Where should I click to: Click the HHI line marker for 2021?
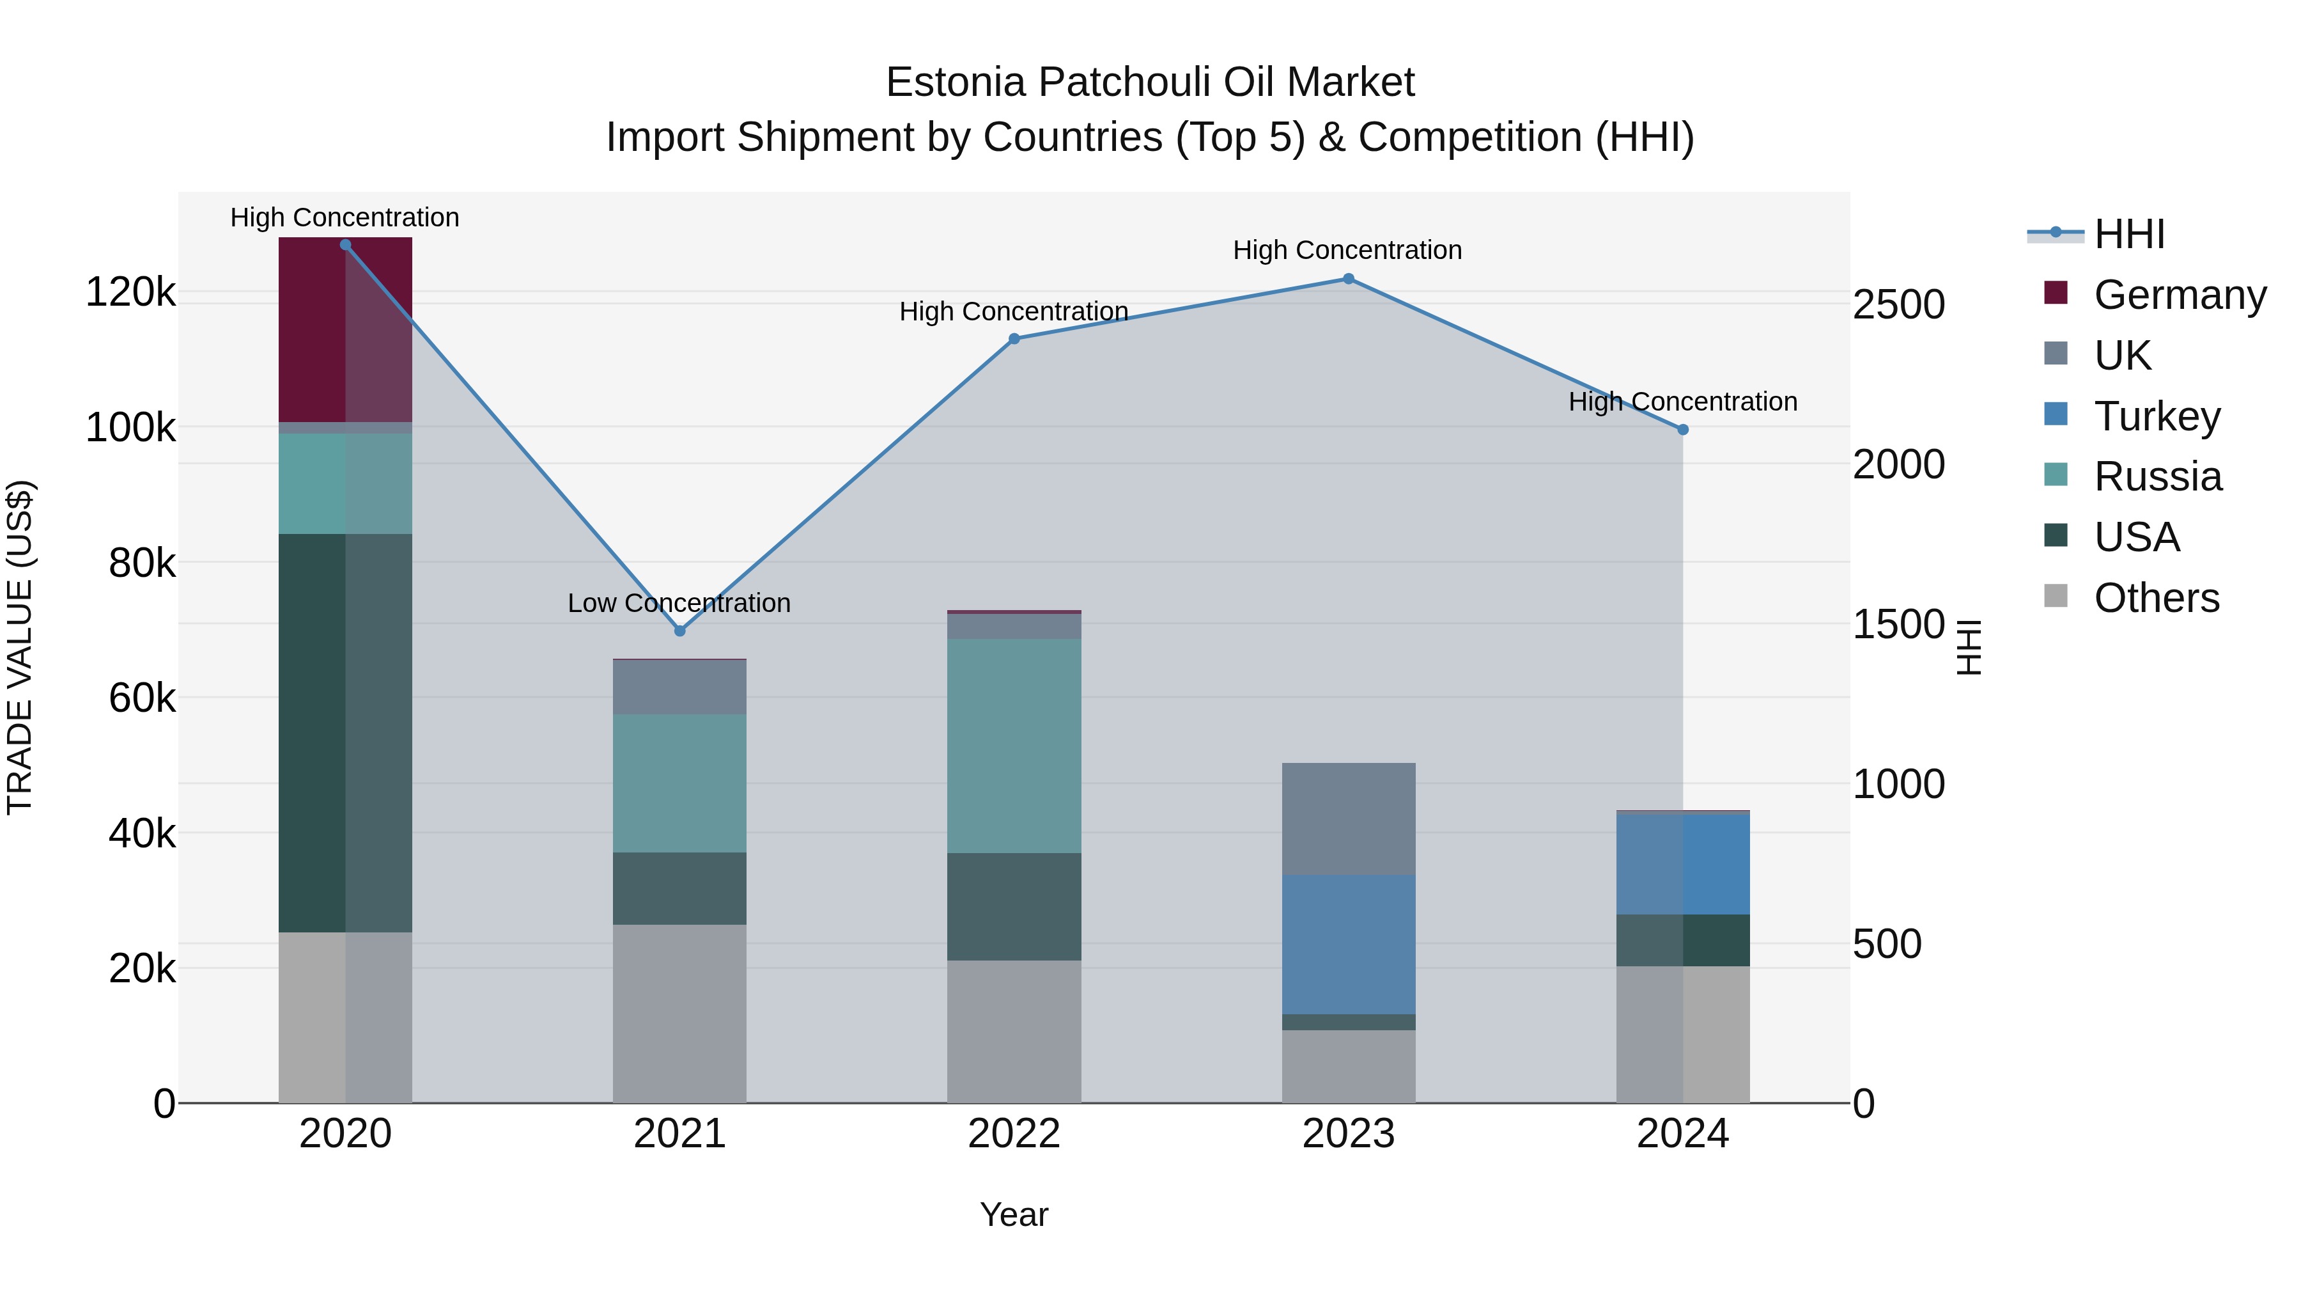[x=680, y=631]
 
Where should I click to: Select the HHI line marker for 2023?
[x=1349, y=279]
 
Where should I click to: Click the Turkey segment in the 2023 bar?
[x=1349, y=944]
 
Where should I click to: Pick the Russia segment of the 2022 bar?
[x=1014, y=746]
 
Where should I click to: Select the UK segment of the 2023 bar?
[x=1349, y=819]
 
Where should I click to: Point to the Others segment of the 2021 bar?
[x=680, y=1014]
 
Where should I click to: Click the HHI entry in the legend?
[x=2128, y=234]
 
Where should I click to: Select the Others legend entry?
[x=2155, y=598]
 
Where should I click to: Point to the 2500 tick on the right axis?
[x=1898, y=305]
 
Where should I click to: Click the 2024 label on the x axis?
[x=1682, y=1134]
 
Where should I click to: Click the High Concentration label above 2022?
[x=1014, y=312]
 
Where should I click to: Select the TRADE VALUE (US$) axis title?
[x=20, y=647]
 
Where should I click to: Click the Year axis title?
[x=1014, y=1214]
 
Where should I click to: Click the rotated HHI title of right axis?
[x=1968, y=647]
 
